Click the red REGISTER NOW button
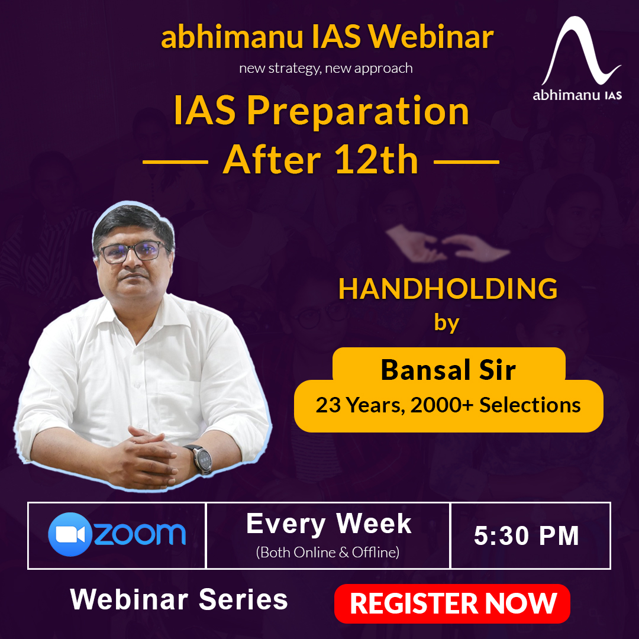(x=452, y=603)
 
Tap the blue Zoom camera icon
(x=70, y=534)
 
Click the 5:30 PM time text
(x=527, y=535)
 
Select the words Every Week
(x=329, y=524)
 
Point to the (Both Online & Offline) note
(x=328, y=553)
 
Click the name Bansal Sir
(x=448, y=370)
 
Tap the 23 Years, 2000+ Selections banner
(x=448, y=405)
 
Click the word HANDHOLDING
(x=448, y=289)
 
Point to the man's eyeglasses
(x=131, y=251)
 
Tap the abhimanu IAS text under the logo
(x=577, y=95)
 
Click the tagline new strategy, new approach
(x=325, y=68)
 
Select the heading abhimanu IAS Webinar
(x=327, y=37)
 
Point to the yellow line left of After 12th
(x=175, y=162)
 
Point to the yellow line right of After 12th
(x=466, y=162)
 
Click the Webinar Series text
(x=179, y=599)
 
